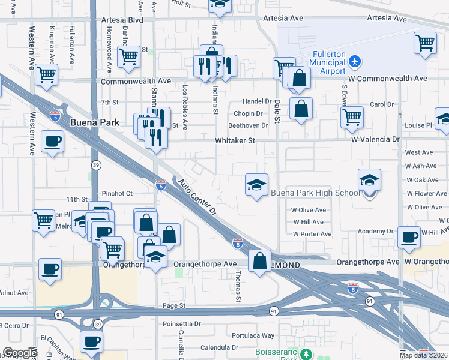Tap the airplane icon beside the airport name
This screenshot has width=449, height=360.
point(355,61)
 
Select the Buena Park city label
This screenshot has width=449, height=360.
point(94,122)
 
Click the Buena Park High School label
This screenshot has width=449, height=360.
point(315,193)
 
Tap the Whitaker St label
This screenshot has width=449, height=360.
point(235,140)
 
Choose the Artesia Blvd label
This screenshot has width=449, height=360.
point(122,20)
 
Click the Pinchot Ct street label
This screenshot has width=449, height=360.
point(116,193)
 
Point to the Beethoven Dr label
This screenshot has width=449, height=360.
point(248,125)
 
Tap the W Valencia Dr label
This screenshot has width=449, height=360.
point(375,139)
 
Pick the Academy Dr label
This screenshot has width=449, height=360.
point(375,231)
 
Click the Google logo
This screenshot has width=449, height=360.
point(20,353)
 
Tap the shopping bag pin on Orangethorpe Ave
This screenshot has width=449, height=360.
point(259,261)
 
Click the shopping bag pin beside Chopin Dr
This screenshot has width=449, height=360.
point(301,109)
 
